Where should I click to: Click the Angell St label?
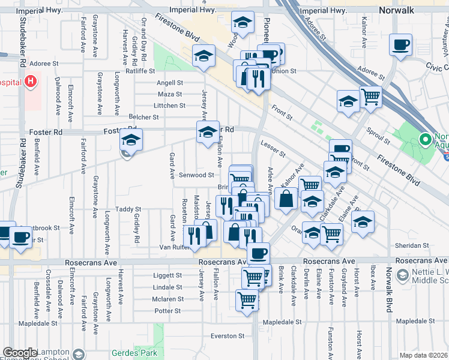(x=169, y=83)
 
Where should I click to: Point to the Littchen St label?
(x=170, y=106)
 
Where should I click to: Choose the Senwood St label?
(x=197, y=175)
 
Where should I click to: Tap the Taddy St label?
(x=128, y=209)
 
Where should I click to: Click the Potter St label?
(x=167, y=311)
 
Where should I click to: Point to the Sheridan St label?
(x=411, y=245)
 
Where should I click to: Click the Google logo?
(x=20, y=353)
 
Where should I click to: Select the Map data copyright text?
(x=423, y=355)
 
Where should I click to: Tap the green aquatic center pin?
(x=426, y=140)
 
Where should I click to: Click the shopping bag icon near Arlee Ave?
(x=287, y=197)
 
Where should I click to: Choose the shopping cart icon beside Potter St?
(x=247, y=299)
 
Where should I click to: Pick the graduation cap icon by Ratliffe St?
(x=203, y=56)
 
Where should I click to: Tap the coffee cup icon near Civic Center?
(x=400, y=44)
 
